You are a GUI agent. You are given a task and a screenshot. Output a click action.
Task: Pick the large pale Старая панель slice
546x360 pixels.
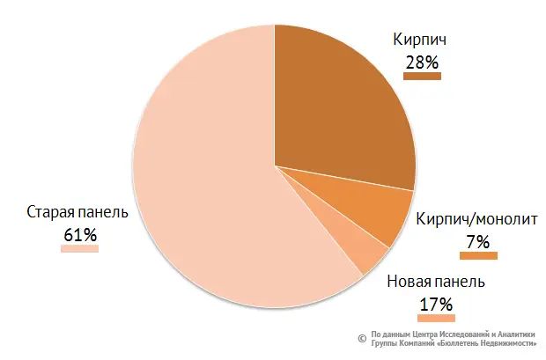pos(203,176)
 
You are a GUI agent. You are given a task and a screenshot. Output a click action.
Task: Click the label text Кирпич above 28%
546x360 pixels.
pos(422,40)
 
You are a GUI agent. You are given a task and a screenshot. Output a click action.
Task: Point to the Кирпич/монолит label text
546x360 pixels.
pos(475,217)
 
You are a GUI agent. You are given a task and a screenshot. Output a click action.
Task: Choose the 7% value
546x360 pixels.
pos(478,240)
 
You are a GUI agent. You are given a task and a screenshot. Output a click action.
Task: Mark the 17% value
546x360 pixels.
pos(436,305)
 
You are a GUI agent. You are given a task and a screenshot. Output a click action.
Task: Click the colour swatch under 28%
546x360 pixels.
pos(422,77)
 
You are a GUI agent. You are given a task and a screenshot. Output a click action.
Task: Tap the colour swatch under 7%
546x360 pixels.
pos(478,255)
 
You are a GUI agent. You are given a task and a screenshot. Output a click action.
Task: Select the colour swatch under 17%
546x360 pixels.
pos(436,319)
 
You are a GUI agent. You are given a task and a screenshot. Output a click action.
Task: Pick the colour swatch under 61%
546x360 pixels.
pos(79,248)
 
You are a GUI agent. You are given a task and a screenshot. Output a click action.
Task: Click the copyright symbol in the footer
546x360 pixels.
pos(360,338)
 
